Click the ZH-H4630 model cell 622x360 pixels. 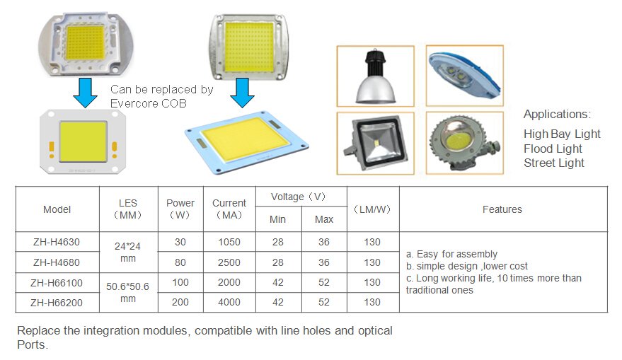click(x=57, y=242)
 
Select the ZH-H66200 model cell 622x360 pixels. click(x=57, y=303)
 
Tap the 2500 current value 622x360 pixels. click(x=229, y=262)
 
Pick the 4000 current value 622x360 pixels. click(x=229, y=302)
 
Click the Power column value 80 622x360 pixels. click(x=180, y=262)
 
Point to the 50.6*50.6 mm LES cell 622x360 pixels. click(x=128, y=292)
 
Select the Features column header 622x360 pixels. click(x=502, y=209)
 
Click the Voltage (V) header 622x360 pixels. click(x=299, y=197)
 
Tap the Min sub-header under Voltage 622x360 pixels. click(x=277, y=219)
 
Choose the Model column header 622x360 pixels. click(x=57, y=209)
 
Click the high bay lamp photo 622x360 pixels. click(x=375, y=76)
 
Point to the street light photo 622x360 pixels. click(x=464, y=76)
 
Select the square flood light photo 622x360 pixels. click(x=375, y=143)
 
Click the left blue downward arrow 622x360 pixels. click(x=85, y=93)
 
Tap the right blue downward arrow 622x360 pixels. click(x=242, y=93)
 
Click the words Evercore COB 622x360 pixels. click(x=149, y=103)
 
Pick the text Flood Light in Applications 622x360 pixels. click(x=553, y=149)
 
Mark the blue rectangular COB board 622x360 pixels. click(x=247, y=142)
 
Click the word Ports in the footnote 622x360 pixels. click(x=33, y=344)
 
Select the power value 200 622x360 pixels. click(x=180, y=302)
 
